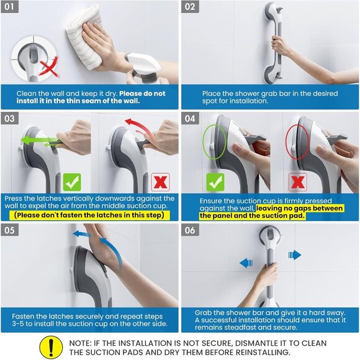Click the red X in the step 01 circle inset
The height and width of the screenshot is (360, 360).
coord(44,66)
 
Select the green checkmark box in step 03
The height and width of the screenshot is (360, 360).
coord(72,182)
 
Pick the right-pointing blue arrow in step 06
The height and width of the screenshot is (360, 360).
coord(295,254)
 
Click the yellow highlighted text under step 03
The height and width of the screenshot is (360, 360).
coord(89,215)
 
